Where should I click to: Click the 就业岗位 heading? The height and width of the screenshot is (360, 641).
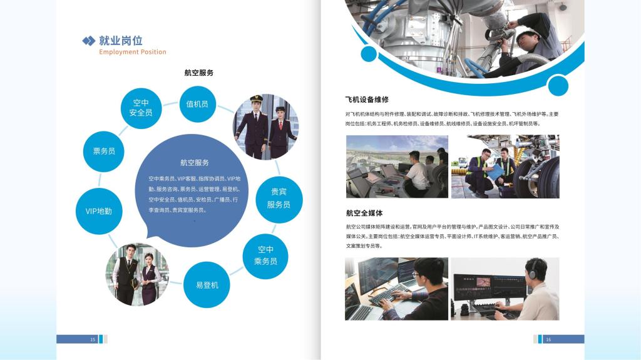121,41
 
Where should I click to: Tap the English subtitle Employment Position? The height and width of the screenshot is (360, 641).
133,52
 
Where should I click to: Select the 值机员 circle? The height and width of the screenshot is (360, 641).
197,104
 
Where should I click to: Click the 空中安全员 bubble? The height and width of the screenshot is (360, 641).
141,108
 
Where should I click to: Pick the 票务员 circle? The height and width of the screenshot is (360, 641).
104,152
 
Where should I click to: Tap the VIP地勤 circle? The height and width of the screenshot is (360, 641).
98,211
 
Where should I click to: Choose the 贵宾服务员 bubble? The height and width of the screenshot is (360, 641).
279,199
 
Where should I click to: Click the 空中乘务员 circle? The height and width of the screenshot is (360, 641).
265,256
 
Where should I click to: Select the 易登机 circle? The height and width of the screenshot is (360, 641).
207,285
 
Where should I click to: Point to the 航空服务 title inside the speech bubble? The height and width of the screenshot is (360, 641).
195,162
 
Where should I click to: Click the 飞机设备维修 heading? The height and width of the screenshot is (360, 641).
367,100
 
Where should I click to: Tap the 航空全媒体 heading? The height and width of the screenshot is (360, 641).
364,213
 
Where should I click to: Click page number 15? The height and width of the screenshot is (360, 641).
93,339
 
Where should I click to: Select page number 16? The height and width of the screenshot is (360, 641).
548,339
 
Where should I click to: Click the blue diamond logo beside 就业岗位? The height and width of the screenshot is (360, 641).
89,41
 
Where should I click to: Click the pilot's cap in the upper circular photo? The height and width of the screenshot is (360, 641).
256,98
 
